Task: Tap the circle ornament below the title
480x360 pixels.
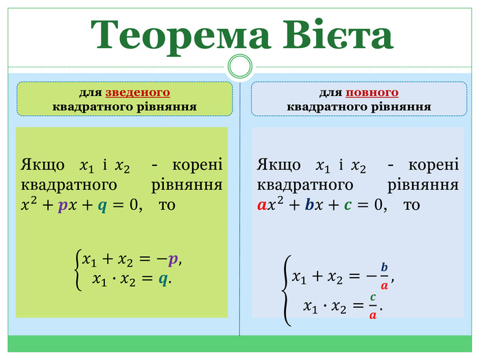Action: pyautogui.click(x=240, y=67)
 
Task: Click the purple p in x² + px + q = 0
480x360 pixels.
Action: pyautogui.click(x=62, y=206)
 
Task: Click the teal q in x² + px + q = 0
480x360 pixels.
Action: pyautogui.click(x=101, y=206)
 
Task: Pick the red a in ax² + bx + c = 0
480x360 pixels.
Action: pyautogui.click(x=262, y=205)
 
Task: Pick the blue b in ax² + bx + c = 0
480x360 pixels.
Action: pyautogui.click(x=309, y=205)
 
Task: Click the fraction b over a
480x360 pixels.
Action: pyautogui.click(x=384, y=276)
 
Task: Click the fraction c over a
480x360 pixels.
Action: pyautogui.click(x=372, y=306)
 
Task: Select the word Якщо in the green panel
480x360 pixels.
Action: pyautogui.click(x=44, y=165)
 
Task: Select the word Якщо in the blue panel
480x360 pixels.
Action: pyautogui.click(x=279, y=165)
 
